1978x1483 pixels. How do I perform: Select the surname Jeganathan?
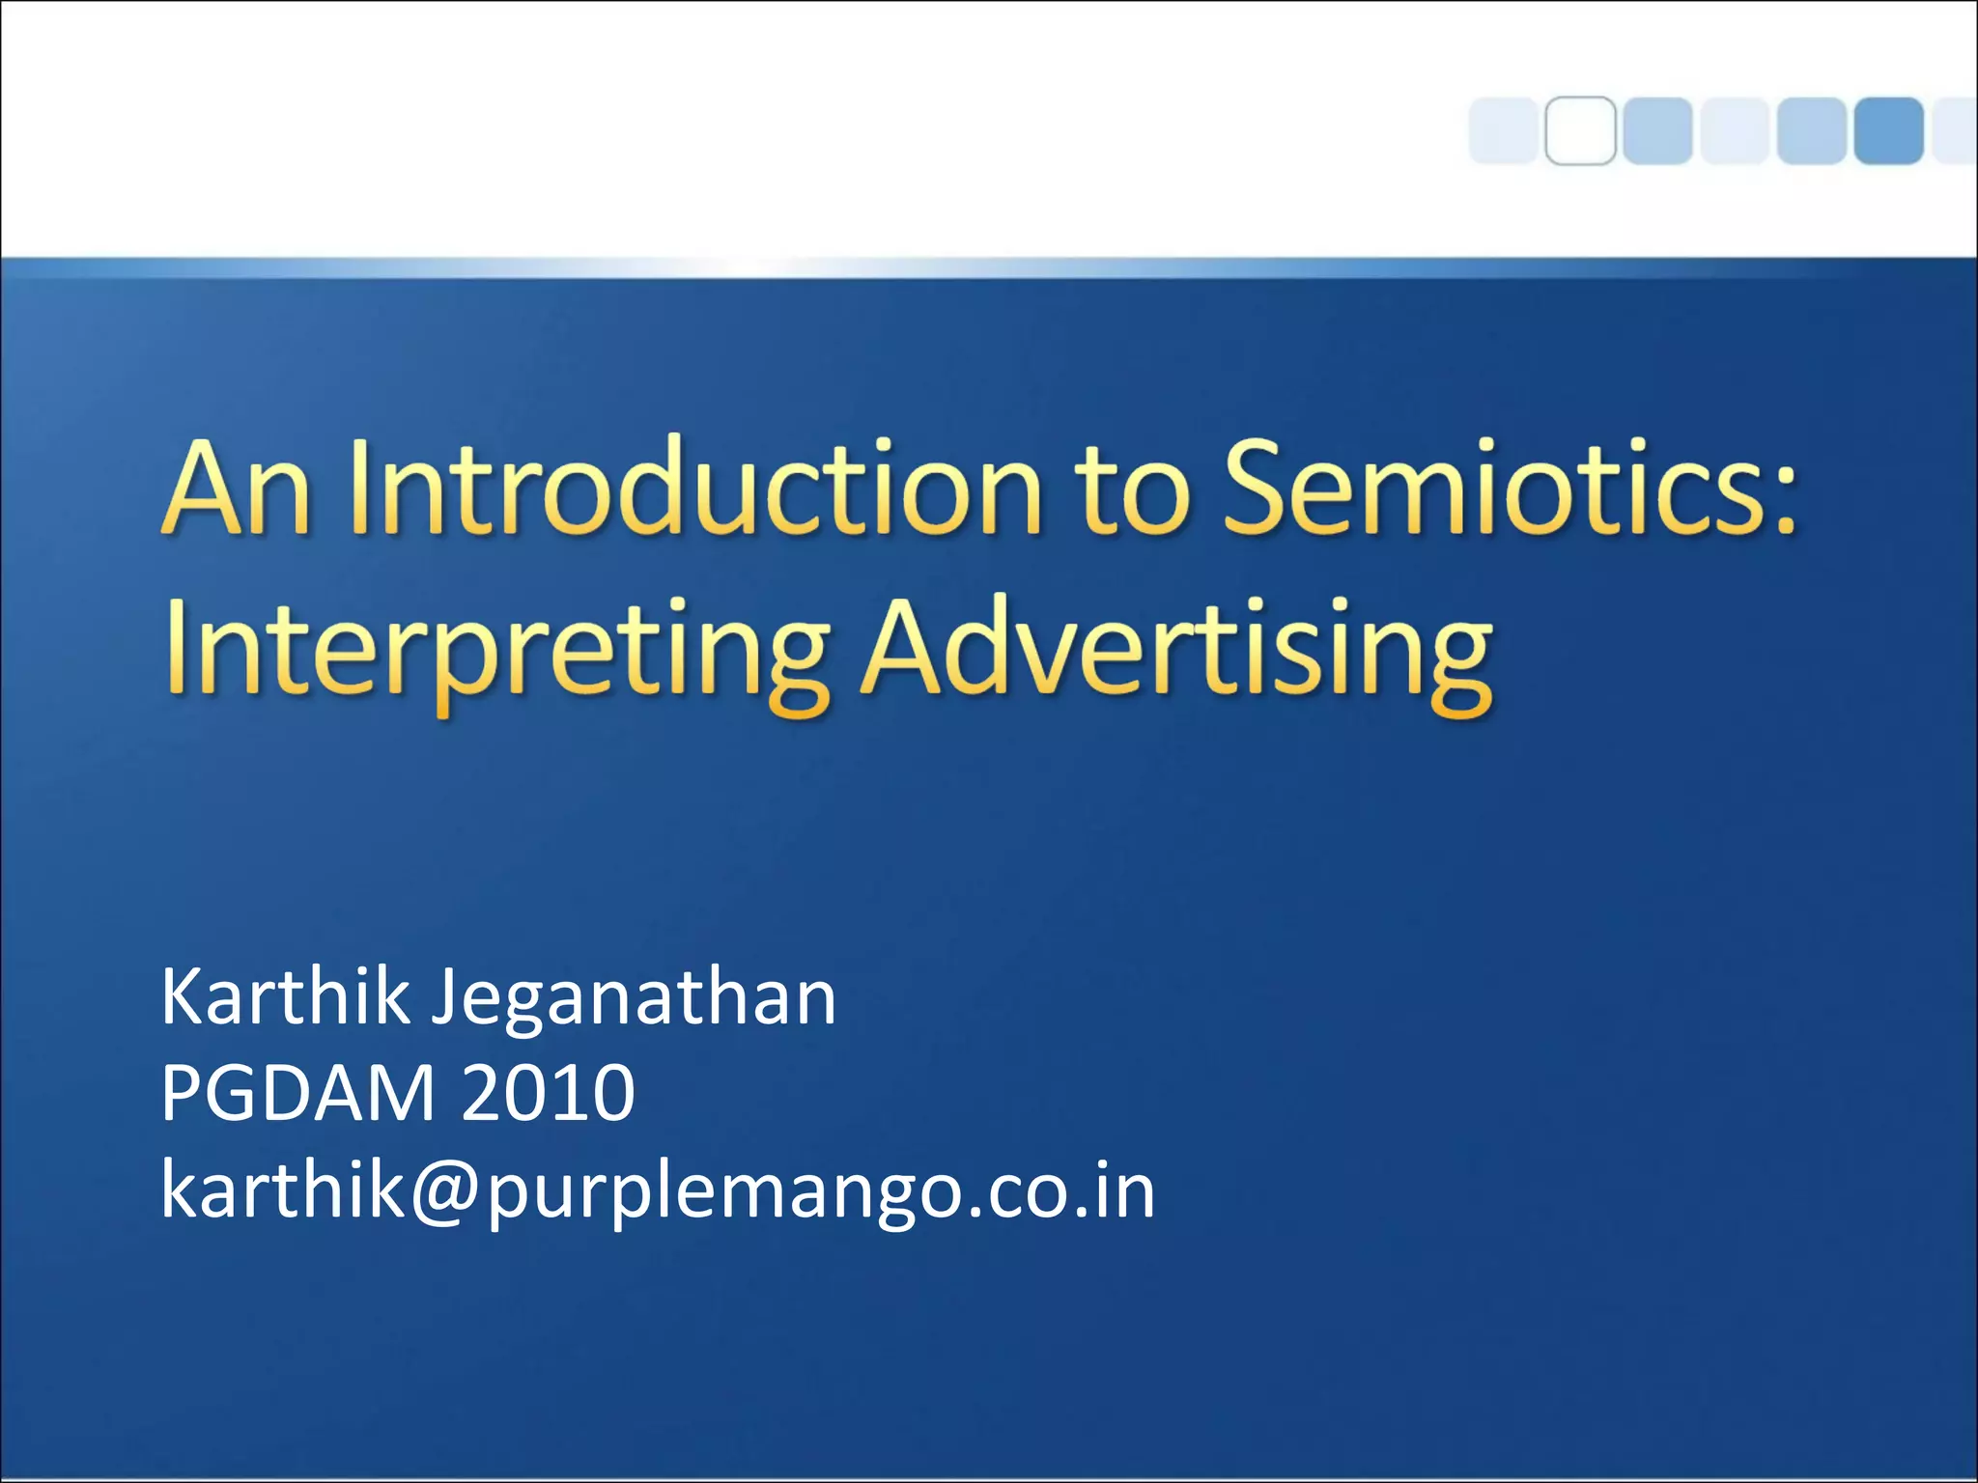point(634,1000)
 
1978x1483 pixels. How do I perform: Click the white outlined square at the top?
point(1580,130)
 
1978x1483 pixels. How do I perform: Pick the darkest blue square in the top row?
point(1888,130)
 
